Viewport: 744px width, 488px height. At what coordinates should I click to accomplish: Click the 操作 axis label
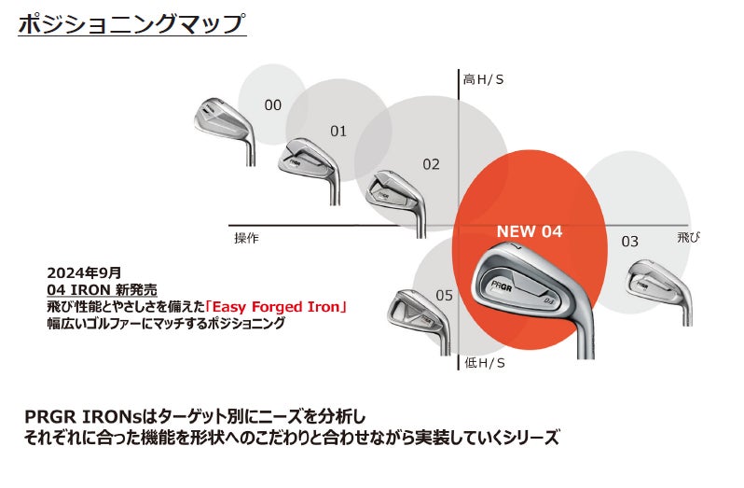point(246,238)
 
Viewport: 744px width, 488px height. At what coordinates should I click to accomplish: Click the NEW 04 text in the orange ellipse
point(530,231)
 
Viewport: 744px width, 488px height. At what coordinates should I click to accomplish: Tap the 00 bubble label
point(272,105)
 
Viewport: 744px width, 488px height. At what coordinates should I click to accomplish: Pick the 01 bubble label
point(338,132)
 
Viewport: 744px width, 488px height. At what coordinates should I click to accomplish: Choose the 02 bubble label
point(431,164)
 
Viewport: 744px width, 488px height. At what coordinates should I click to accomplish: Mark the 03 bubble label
point(630,242)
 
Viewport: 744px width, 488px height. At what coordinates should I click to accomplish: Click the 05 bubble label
point(444,296)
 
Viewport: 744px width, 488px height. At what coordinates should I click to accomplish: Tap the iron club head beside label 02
point(396,192)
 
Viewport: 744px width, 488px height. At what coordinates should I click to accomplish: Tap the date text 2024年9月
point(84,272)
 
